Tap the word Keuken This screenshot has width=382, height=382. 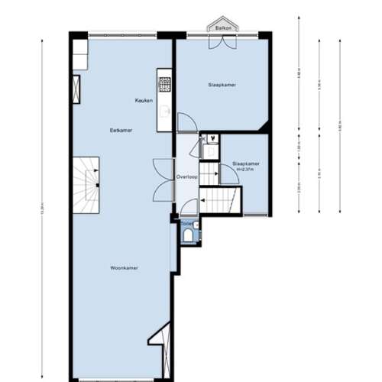pyautogui.click(x=144, y=101)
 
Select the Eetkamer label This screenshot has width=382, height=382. pyautogui.click(x=121, y=131)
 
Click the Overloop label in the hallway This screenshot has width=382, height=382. pyautogui.click(x=186, y=176)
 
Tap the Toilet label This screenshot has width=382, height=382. pyautogui.click(x=187, y=223)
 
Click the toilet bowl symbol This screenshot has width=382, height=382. pyautogui.click(x=189, y=235)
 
